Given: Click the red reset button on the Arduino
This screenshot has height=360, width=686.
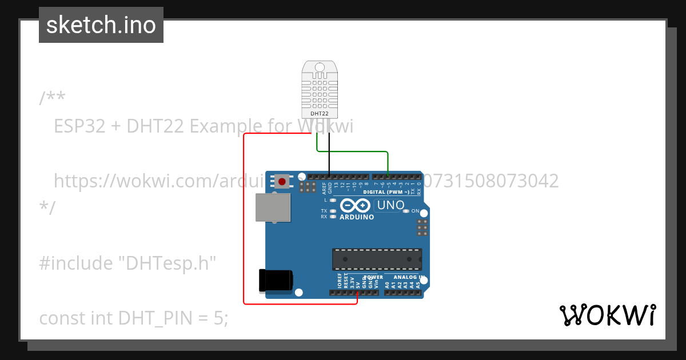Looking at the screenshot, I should (282, 182).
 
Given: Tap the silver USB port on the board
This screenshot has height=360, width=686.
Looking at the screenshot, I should (273, 207).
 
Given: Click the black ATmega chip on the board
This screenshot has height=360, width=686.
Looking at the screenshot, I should (377, 259).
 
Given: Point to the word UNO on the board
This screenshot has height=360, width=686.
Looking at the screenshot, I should (391, 205).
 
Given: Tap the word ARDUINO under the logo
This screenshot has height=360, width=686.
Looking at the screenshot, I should (357, 217).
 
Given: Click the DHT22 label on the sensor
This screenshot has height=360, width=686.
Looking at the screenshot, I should (318, 114).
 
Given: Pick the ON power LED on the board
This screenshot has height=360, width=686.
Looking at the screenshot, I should (406, 211).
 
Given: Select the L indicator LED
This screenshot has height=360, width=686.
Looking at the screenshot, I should (333, 200).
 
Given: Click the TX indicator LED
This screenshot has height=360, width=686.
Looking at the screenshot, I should (333, 211).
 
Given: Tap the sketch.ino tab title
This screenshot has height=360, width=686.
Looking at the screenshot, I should (101, 25).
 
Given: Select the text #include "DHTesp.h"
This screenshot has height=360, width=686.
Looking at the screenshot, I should (127, 263).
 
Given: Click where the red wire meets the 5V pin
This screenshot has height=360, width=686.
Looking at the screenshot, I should (357, 293).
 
